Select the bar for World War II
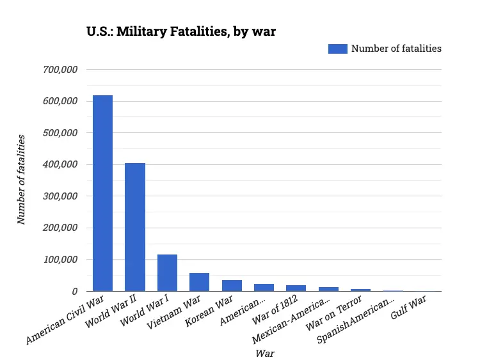tap(134, 227)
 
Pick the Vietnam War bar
tap(199, 282)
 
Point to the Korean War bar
tap(232, 286)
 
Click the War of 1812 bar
tap(296, 288)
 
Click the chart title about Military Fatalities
tap(181, 31)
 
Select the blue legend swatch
tap(337, 49)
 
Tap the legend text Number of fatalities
tap(396, 49)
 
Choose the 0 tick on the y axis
tap(74, 292)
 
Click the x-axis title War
tap(264, 352)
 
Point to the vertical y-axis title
tap(22, 179)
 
